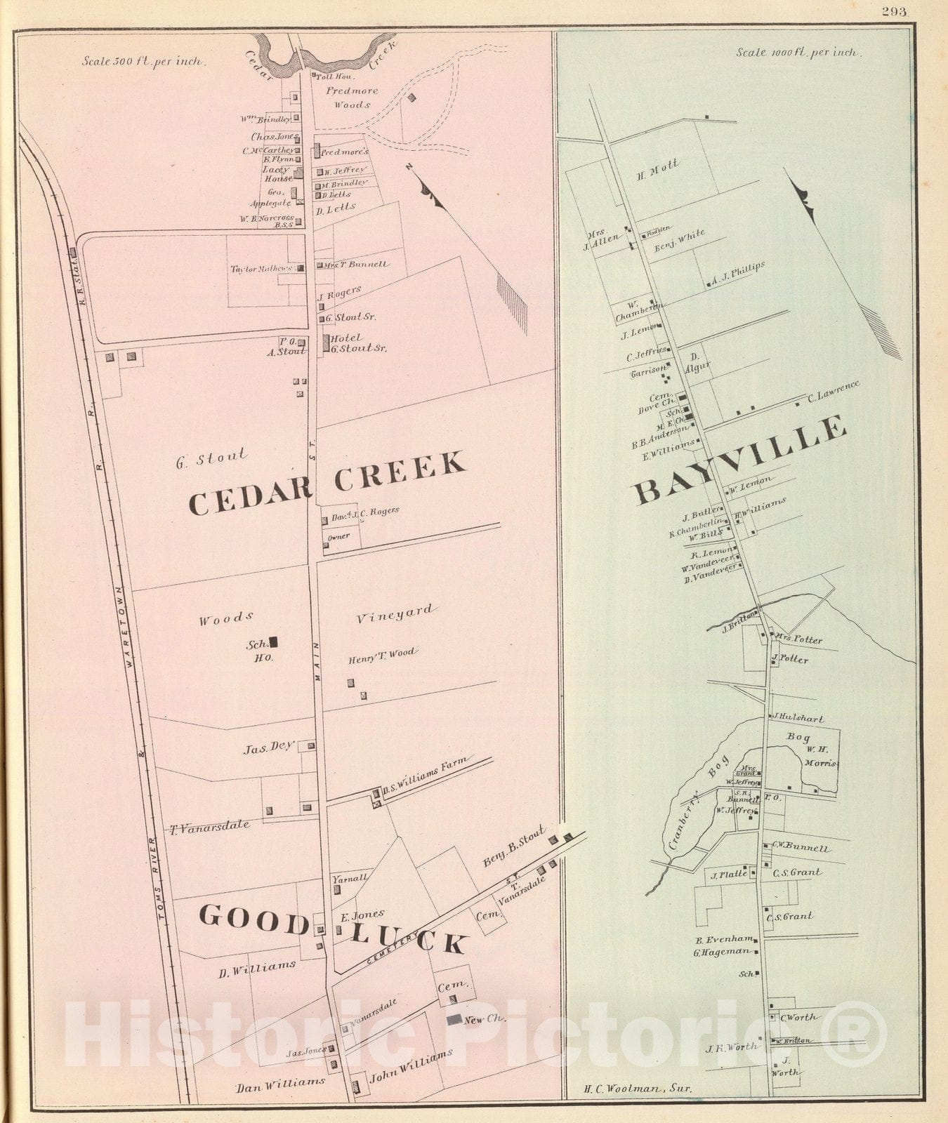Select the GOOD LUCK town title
pyautogui.click(x=331, y=928)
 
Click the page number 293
pyautogui.click(x=895, y=11)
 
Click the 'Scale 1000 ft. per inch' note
pyautogui.click(x=798, y=52)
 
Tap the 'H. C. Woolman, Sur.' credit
pyautogui.click(x=637, y=1089)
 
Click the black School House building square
pyautogui.click(x=274, y=641)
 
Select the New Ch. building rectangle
pyautogui.click(x=454, y=1018)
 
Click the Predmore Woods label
pyautogui.click(x=352, y=98)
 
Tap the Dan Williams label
pyautogui.click(x=280, y=1082)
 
